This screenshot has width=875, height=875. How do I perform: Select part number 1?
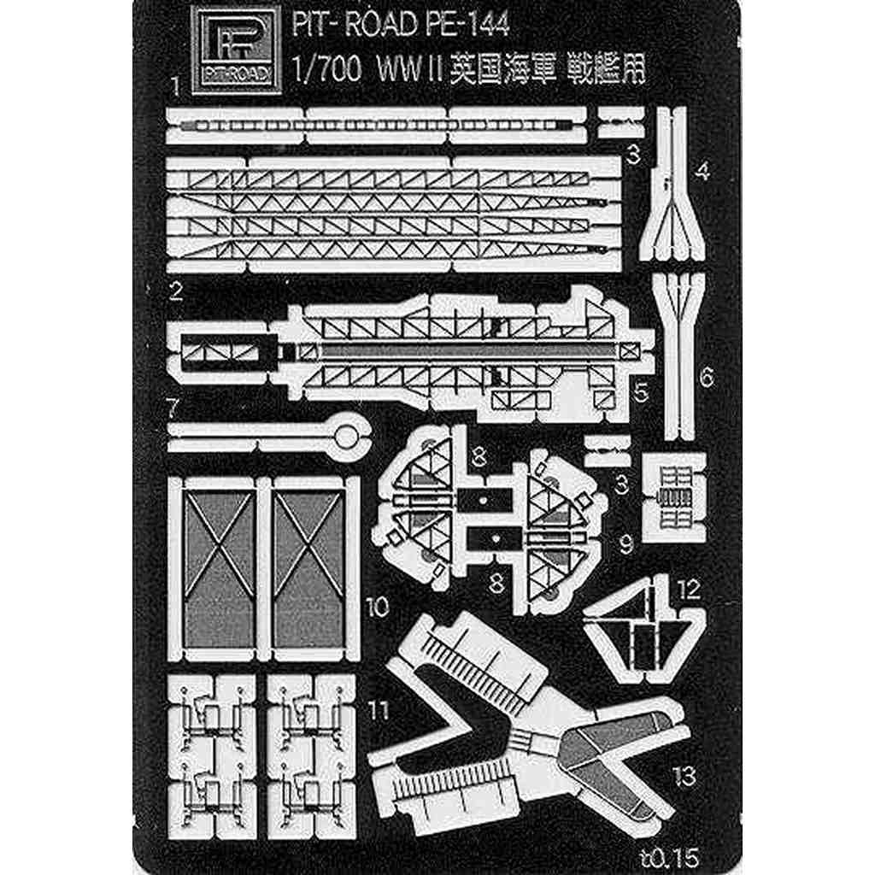pos(174,86)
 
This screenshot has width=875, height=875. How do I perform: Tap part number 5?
pos(640,391)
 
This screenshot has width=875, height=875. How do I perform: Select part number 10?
pos(377,608)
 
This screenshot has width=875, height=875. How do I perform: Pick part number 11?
pos(377,708)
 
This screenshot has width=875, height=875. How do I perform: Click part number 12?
pos(688,589)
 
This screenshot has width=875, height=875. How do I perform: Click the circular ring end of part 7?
pos(345,436)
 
